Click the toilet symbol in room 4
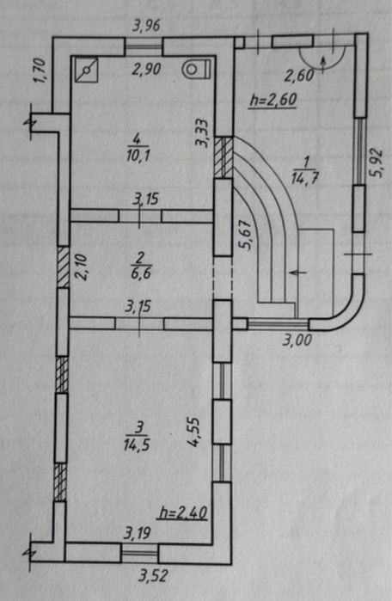pos(197,70)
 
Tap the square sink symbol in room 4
pos(87,70)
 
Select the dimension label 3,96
pos(146,26)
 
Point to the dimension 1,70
pos(40,71)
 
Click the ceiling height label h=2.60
pos(273,100)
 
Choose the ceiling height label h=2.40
pos(183,512)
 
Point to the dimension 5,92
pos(377,163)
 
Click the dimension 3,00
pos(297,340)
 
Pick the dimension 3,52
pos(152,575)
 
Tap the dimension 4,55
pos(193,432)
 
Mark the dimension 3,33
pos(202,133)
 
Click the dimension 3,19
pos(137,533)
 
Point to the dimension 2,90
pos(147,70)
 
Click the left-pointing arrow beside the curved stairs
pos(298,273)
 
